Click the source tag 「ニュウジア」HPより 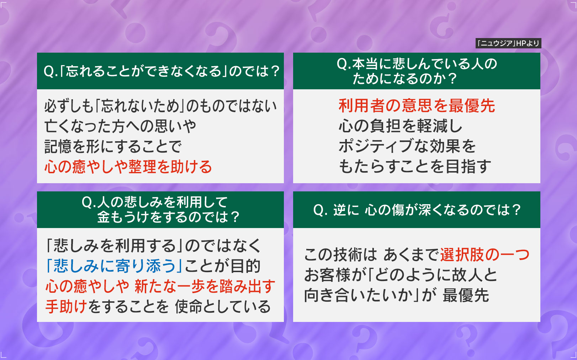click(x=508, y=43)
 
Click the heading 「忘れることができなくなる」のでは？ click(x=162, y=71)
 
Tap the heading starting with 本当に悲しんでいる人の click(x=417, y=71)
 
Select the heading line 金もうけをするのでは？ click(x=169, y=217)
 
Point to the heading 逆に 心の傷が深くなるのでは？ click(x=417, y=210)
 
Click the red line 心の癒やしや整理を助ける click(x=128, y=166)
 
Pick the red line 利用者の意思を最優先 click(x=417, y=106)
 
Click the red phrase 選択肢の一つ click(x=485, y=254)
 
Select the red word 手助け click(x=66, y=306)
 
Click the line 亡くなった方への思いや click(x=120, y=126)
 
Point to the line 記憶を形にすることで click(x=113, y=146)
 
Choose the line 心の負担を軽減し click(x=401, y=126)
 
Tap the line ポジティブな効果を click(x=407, y=146)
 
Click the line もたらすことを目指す click(x=415, y=166)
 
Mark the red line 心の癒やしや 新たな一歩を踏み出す click(x=160, y=286)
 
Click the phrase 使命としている click(x=223, y=306)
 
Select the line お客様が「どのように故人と click(x=401, y=275)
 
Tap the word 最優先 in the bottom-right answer click(x=466, y=295)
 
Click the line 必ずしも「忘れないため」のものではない click(x=160, y=106)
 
